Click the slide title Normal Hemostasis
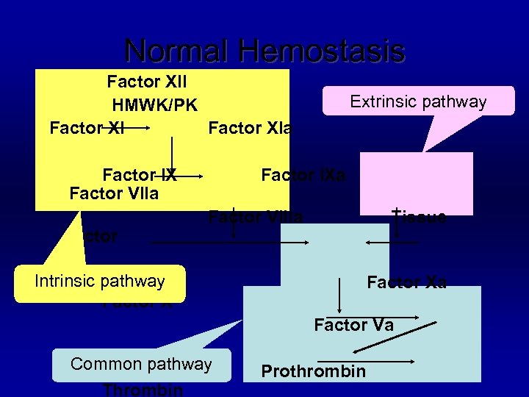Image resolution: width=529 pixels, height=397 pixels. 264,51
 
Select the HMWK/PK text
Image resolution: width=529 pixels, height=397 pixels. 154,105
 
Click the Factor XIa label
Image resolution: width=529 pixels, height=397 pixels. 250,129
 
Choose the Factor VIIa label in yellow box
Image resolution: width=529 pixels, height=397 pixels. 114,193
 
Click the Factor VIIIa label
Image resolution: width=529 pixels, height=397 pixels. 255,217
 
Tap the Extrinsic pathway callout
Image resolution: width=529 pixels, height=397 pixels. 418,101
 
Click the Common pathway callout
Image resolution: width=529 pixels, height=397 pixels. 141,364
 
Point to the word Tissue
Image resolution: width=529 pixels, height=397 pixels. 420,217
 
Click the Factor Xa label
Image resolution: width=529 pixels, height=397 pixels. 406,282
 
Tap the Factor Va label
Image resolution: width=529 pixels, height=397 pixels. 353,325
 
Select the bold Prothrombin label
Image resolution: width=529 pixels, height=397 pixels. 314,371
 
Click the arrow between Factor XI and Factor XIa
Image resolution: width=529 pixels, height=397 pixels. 137,128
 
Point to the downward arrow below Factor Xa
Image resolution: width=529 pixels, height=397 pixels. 339,296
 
